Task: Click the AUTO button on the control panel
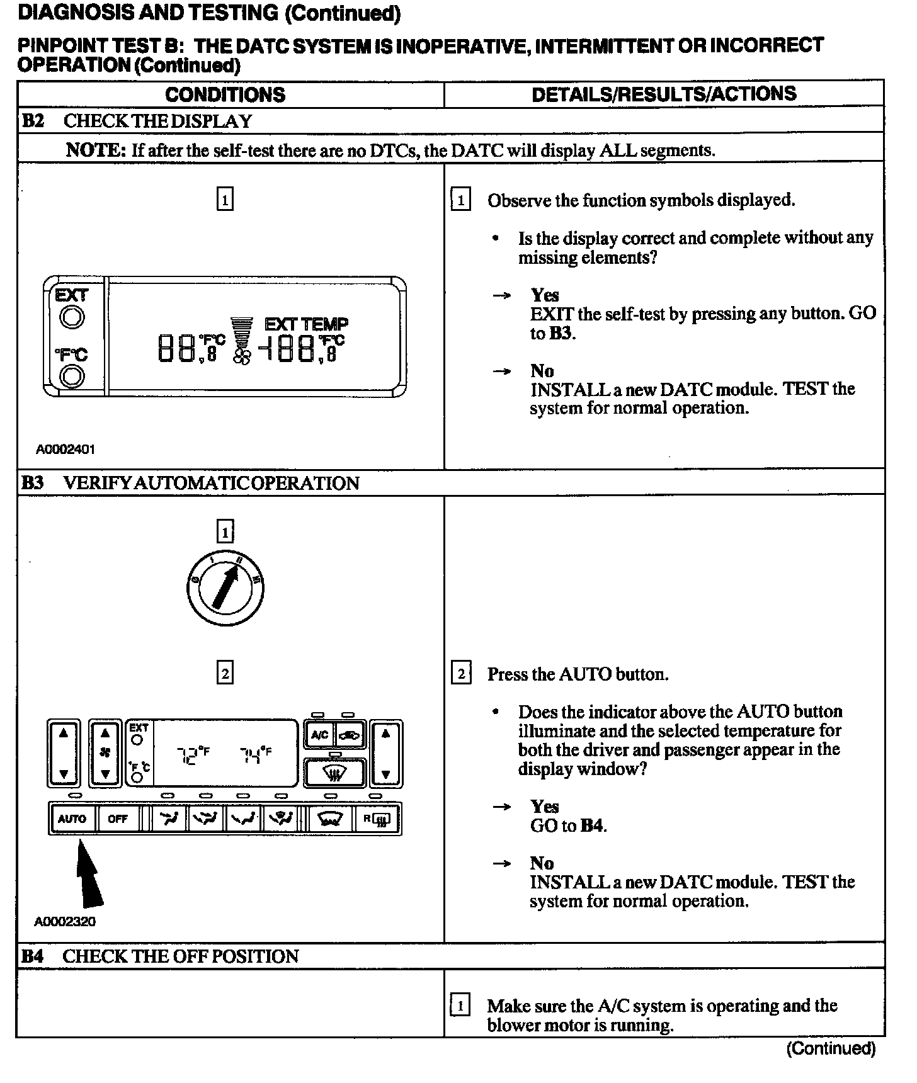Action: pos(72,819)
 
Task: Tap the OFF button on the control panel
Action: pos(118,819)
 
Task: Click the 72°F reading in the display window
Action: pos(193,754)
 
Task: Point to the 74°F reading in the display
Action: pos(256,754)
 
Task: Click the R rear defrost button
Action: pos(377,819)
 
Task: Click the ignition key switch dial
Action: pos(225,589)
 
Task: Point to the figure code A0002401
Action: pos(65,450)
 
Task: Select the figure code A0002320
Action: pos(65,922)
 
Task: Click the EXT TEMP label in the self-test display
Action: pos(306,325)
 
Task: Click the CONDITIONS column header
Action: pos(225,95)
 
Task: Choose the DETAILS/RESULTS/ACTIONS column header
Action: pos(664,94)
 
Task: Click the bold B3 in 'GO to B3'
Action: pos(561,333)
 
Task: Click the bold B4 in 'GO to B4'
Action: pos(591,825)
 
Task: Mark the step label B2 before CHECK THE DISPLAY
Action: pos(33,121)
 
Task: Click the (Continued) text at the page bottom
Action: pos(831,1048)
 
